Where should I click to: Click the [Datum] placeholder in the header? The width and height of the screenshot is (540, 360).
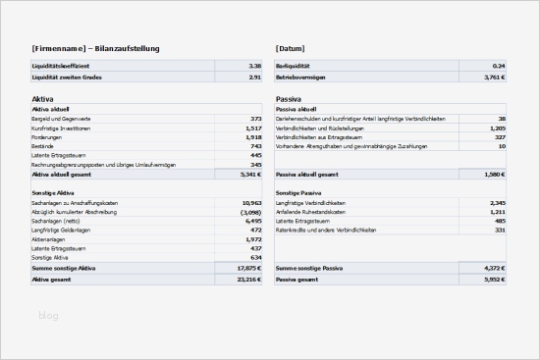point(291,48)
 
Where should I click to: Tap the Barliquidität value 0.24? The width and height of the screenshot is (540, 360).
point(499,66)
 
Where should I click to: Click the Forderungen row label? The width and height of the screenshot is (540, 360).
point(47,136)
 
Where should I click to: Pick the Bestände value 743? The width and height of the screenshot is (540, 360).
point(255,145)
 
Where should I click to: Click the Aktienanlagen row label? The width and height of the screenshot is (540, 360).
point(48,238)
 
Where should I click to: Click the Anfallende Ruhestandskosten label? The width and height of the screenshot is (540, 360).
point(314,212)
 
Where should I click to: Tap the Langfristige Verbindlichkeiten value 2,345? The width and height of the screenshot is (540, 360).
point(497,202)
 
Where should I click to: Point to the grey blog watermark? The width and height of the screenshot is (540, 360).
point(48,315)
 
